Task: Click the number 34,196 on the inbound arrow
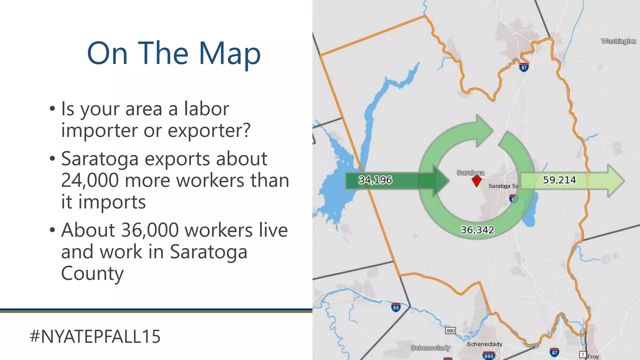coord(375,180)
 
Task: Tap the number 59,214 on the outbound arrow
coord(559,180)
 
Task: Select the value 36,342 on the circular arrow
coord(477,230)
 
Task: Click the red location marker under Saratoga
coord(476,181)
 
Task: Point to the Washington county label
coord(618,41)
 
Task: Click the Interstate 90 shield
coord(396,307)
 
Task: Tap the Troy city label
coord(593,357)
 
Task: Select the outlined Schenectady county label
coord(430,348)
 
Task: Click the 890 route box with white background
coord(450,331)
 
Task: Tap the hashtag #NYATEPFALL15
coord(95,337)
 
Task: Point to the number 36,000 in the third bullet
coord(150,230)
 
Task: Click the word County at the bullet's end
coord(92,273)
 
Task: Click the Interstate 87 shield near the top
coord(524,67)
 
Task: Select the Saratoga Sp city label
coord(503,186)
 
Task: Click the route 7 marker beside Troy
coord(582,354)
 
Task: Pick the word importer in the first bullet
coord(100,130)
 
